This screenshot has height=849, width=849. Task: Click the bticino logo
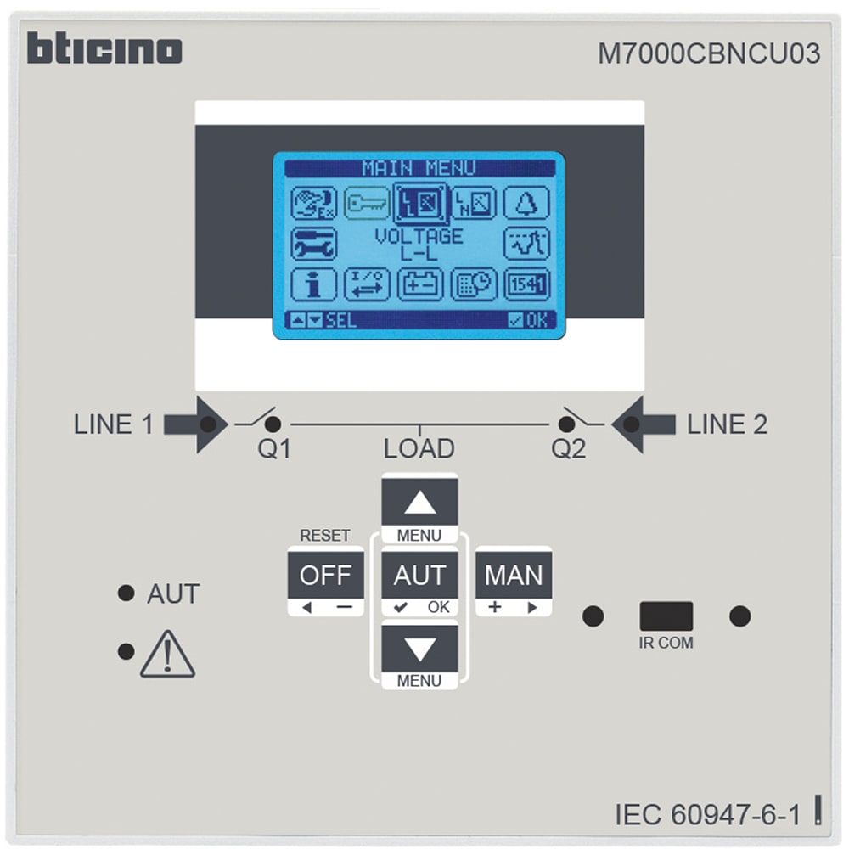pos(104,49)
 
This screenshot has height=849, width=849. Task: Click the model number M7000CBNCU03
pos(709,54)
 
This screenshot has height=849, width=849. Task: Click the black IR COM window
pos(666,616)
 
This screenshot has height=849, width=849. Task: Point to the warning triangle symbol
pos(167,655)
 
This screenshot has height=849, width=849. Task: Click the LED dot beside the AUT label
pos(127,593)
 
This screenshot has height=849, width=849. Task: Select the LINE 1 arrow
pos(195,423)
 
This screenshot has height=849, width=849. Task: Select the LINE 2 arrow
pos(644,423)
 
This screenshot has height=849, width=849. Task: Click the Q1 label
pos(274,449)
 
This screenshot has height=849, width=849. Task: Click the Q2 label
pos(568,449)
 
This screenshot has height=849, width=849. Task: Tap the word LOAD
pos(419,448)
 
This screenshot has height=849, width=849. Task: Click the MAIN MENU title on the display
pos(419,168)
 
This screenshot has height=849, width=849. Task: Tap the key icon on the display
pos(367,204)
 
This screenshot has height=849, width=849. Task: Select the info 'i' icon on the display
pos(313,284)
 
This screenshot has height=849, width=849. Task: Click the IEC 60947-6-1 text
pos(707,814)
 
